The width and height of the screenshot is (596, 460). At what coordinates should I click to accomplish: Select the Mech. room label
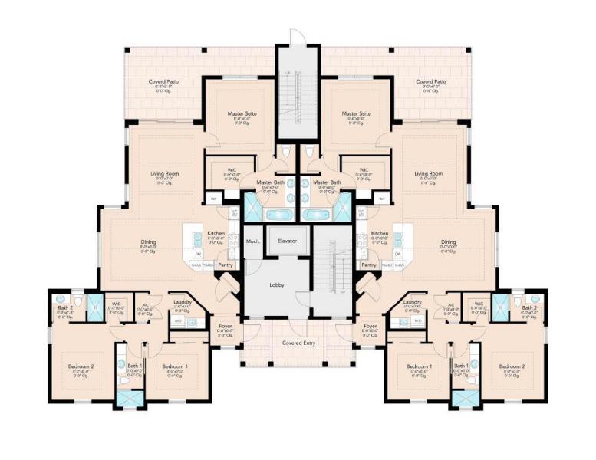[x=253, y=241]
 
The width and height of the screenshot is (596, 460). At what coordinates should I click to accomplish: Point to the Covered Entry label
[x=298, y=343]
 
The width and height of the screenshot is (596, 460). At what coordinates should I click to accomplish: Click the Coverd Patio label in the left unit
[x=163, y=81]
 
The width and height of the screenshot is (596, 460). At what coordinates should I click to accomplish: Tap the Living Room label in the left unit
[x=165, y=174]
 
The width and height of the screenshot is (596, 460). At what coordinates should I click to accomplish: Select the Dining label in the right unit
[x=448, y=242]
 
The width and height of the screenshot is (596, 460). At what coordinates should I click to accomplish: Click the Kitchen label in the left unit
[x=216, y=233]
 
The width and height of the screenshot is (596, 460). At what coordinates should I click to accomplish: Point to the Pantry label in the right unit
[x=369, y=264]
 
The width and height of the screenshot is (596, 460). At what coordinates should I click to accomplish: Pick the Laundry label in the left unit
[x=183, y=302]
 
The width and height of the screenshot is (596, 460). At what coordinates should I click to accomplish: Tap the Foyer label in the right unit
[x=370, y=326]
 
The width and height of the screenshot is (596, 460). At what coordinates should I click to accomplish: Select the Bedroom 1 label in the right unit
[x=420, y=366]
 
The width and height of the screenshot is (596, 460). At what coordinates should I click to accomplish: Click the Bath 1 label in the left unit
[x=135, y=366]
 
